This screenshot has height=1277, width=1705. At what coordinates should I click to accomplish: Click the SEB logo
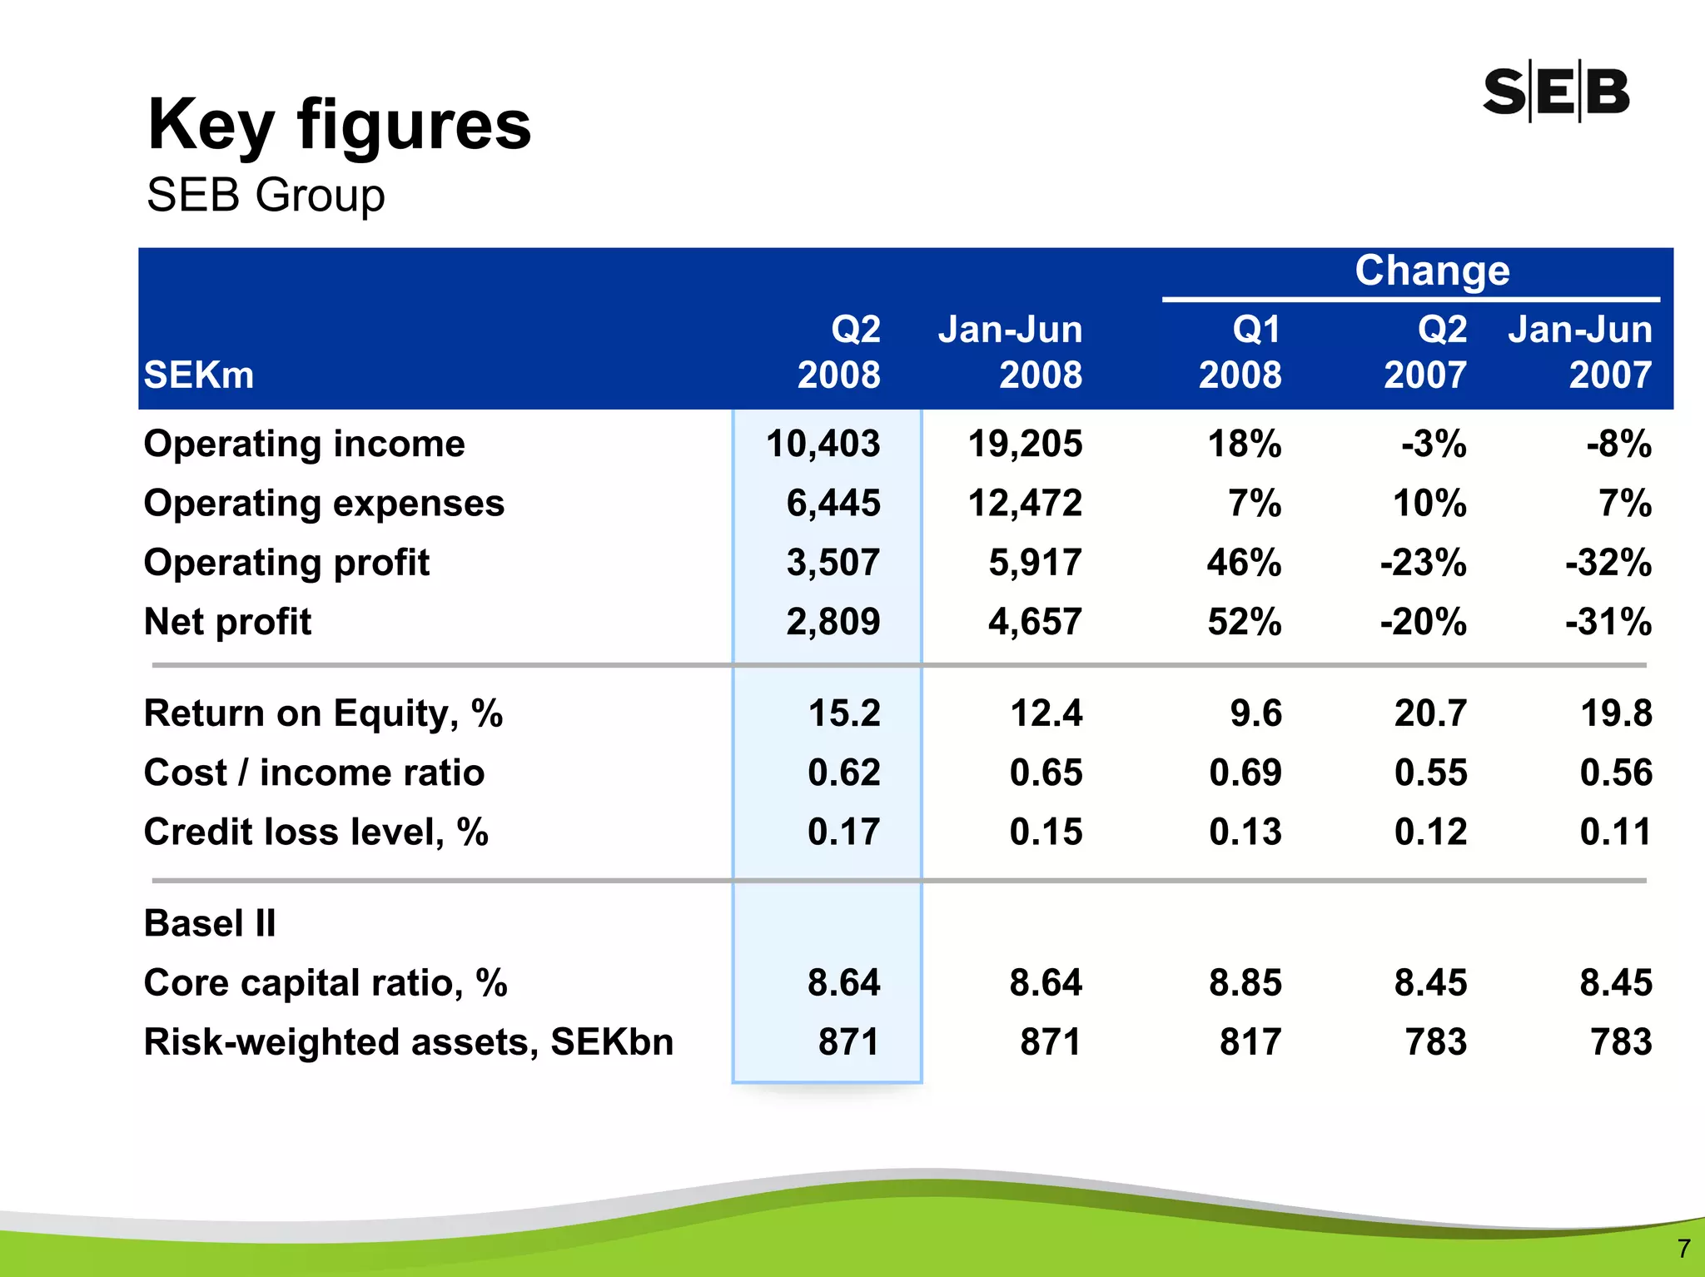coord(1555,92)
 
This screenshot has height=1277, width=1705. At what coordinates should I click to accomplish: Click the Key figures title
coord(339,125)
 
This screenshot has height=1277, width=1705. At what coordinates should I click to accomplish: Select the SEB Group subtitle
coord(266,196)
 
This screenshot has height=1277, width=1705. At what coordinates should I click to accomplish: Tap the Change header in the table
coord(1431,271)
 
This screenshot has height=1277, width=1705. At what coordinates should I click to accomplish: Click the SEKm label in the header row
coord(199,375)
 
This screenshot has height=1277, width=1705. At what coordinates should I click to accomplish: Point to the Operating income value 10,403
coord(823,444)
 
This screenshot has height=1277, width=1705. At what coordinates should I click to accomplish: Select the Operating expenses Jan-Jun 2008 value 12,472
coord(1025,503)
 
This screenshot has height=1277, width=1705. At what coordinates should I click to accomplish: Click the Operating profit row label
coord(286,563)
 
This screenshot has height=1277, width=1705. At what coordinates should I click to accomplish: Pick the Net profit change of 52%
coord(1244,622)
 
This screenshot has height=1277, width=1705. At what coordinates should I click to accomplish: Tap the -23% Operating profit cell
coord(1423,563)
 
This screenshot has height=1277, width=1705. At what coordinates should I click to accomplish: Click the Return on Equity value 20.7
coord(1430,713)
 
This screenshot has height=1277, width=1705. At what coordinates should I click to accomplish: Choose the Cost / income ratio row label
coord(314,773)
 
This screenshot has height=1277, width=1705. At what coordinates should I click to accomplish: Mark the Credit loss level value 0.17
coord(843,832)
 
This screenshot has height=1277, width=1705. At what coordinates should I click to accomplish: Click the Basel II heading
coord(210,923)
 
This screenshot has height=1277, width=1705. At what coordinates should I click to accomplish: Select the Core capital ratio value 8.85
coord(1245,982)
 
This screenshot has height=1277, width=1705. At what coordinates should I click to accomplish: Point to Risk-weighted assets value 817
coord(1250,1041)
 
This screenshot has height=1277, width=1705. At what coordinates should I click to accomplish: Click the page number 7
coord(1683,1248)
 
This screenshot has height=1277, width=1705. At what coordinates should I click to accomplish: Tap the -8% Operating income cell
coord(1618,444)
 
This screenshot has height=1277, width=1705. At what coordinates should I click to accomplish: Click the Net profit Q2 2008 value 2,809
coord(833,622)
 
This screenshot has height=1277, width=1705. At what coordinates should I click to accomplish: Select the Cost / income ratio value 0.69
coord(1245,773)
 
